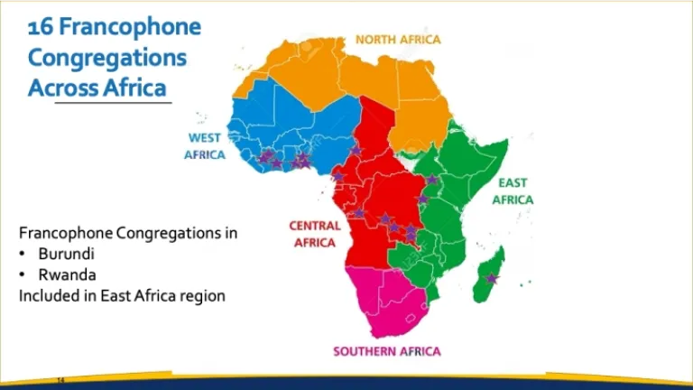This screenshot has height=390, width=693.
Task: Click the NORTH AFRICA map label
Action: tap(398, 40)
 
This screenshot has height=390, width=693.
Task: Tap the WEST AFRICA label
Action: tap(205, 146)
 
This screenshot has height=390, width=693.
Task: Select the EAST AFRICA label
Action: tap(513, 191)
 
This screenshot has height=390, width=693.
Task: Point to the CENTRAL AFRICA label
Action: tap(315, 234)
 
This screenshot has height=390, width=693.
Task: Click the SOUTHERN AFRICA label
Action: tap(386, 351)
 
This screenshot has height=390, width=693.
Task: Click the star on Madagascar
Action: tap(492, 279)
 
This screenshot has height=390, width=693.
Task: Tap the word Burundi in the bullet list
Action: tap(66, 254)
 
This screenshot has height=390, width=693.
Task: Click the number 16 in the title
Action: tap(41, 27)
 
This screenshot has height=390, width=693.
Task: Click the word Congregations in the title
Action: tap(107, 58)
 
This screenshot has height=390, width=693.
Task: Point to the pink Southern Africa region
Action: tap(383, 298)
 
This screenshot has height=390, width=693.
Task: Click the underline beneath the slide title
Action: tap(113, 103)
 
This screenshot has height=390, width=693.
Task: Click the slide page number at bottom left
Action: tap(61, 381)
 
